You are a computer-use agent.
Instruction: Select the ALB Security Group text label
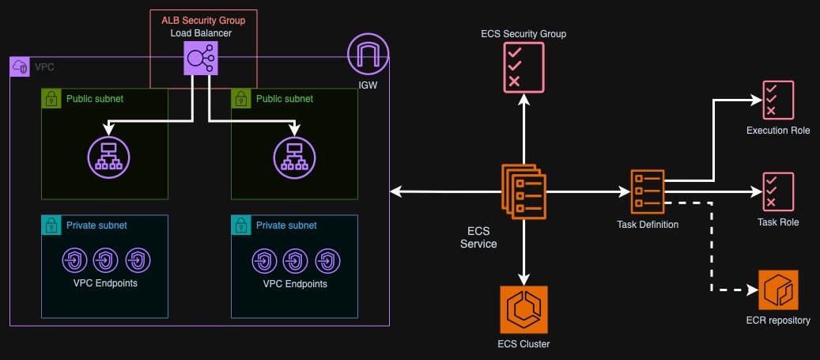(204, 19)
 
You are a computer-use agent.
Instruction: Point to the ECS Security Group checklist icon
(523, 66)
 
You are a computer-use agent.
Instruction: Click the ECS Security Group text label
(523, 34)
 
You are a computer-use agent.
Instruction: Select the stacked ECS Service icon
(523, 191)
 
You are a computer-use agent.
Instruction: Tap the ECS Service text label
(478, 237)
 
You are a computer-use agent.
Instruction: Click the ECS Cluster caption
(523, 343)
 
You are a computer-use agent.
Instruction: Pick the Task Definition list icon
(648, 191)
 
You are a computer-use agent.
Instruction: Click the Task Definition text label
(648, 225)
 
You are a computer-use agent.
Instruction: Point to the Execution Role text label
(778, 130)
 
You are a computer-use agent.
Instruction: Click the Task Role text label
(778, 222)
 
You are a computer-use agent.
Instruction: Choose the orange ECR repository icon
(778, 290)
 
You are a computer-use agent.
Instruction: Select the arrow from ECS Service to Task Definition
(585, 191)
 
